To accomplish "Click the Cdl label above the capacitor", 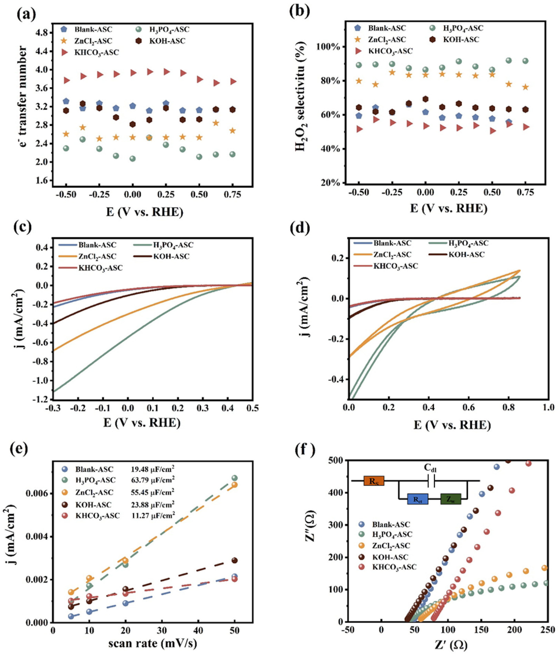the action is pyautogui.click(x=430, y=468).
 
